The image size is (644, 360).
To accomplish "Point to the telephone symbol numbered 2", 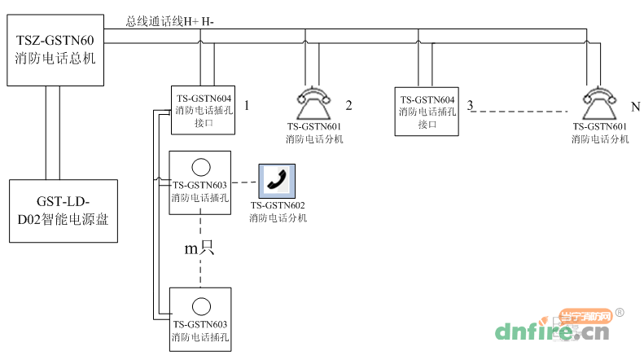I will coord(313,102).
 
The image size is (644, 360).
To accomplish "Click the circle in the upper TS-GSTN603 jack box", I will coord(199,169).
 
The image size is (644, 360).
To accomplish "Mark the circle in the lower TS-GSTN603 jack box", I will coord(199,306).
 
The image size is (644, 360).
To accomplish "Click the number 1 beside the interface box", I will coord(247,106).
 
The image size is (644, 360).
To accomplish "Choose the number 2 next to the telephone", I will coord(348,106).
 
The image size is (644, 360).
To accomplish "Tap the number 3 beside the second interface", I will coord(471,106).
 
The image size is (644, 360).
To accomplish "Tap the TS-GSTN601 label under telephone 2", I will coord(313,127).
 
